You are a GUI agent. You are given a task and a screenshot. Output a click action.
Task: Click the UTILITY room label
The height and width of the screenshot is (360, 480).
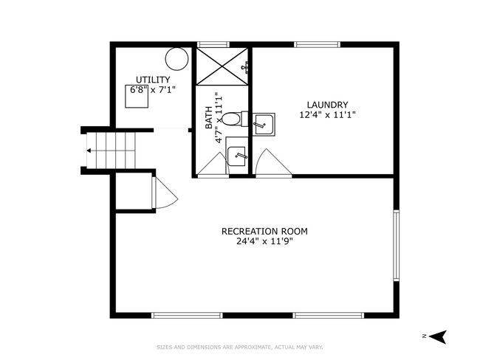pos(153,80)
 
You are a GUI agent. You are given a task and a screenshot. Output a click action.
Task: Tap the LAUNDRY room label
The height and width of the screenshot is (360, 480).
pos(328,105)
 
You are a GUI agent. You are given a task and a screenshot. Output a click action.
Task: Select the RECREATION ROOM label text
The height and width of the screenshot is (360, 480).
pos(264,231)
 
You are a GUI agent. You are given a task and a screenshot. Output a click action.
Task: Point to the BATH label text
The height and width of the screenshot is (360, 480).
pos(209,117)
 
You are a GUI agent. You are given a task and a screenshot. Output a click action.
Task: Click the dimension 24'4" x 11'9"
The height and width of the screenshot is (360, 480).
pos(264,241)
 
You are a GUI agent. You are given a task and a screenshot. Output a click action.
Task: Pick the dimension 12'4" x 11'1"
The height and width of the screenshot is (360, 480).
pos(328,115)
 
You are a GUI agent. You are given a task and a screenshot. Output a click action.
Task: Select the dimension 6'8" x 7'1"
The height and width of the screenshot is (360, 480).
pos(153,90)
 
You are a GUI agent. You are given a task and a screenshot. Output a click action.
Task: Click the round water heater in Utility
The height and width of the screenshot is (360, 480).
pos(176,59)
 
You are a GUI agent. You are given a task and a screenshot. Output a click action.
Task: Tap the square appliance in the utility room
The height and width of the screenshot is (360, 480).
pos(137,97)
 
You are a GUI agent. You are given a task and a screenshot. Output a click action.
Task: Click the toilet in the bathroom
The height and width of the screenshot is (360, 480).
pos(234,119)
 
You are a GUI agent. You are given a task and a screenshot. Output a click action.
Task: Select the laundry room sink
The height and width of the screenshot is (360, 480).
pos(264,124)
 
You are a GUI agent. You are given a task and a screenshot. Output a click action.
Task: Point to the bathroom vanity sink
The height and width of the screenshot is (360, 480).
pos(236,156)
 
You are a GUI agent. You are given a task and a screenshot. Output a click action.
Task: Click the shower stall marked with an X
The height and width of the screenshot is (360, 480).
pos(222,66)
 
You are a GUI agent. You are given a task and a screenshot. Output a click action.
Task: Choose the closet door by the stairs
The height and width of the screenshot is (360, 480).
pos(165,193)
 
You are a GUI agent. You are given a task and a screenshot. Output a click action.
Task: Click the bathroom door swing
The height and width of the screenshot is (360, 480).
pos(213,165)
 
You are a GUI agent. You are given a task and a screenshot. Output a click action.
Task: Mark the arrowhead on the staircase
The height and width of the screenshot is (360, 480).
pos(89,150)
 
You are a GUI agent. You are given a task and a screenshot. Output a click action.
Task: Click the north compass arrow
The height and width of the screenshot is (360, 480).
pos(437,336)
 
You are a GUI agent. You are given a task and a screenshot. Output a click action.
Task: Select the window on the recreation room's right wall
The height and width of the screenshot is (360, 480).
pos(397,246)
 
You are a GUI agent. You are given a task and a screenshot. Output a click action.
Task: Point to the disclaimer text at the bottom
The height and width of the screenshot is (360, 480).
pos(240,347)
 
